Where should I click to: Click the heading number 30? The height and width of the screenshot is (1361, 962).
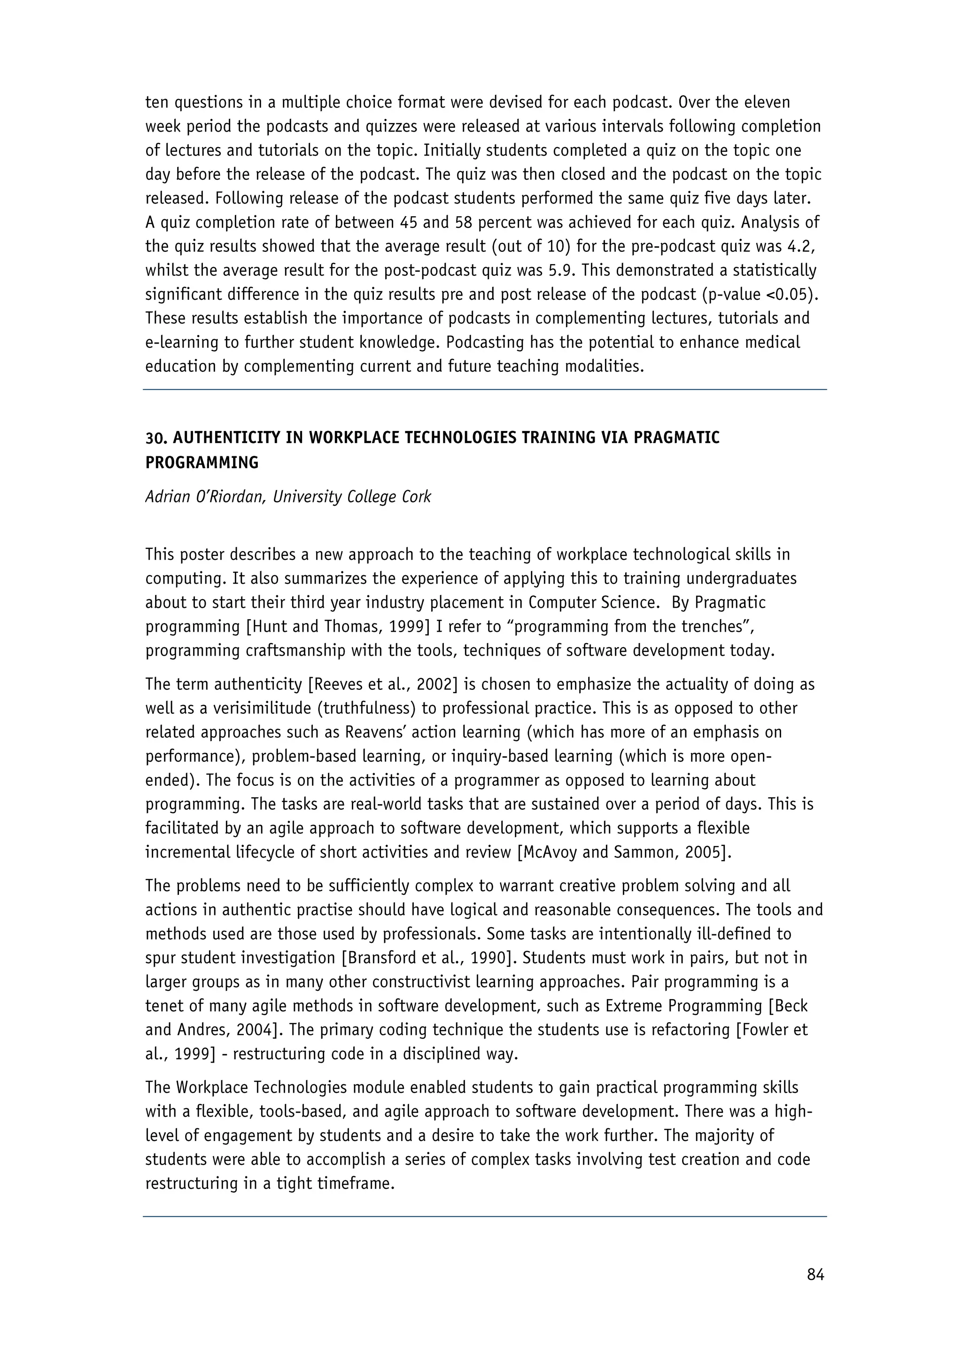pos(156,438)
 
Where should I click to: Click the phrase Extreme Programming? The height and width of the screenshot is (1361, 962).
pos(678,1006)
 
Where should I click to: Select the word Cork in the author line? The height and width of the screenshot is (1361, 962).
pos(417,496)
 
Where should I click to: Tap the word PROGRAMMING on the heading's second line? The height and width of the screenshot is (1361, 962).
pos(202,462)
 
